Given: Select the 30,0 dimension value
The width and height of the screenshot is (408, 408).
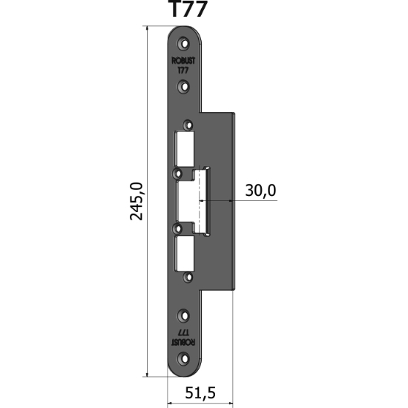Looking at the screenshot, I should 260,191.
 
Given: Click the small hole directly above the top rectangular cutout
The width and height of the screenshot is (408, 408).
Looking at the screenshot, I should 187,125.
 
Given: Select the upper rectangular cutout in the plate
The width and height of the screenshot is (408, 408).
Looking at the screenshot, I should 185,148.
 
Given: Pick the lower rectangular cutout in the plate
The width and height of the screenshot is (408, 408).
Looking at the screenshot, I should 185,253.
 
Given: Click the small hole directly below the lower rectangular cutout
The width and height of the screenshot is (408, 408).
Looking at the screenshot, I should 187,277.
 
